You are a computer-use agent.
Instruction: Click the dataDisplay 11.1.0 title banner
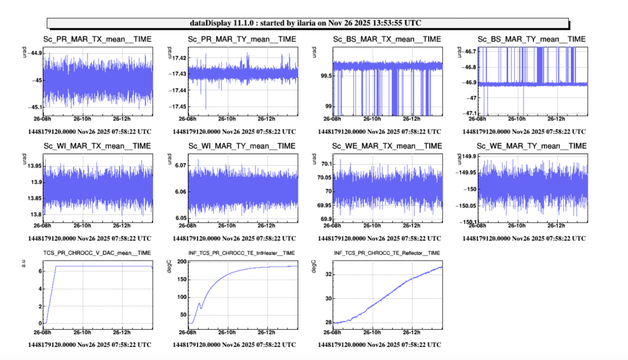(308, 23)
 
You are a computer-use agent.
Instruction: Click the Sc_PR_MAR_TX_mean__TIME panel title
(97, 39)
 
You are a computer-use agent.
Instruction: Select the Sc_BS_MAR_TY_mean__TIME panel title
(531, 39)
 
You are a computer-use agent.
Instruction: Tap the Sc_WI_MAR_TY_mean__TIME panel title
(242, 146)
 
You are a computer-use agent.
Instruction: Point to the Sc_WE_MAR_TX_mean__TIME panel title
(387, 146)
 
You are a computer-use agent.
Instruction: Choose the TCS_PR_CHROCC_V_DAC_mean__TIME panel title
(97, 253)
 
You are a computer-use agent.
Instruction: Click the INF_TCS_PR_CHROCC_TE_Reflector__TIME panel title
(387, 253)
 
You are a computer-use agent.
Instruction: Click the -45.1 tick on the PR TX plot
(35, 107)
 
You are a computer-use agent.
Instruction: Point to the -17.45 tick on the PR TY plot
(177, 107)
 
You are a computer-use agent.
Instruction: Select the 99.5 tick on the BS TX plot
(326, 76)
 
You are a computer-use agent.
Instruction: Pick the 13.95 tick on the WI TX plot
(35, 166)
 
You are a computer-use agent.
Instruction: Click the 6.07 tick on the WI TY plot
(180, 165)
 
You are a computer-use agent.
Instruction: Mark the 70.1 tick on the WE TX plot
(327, 164)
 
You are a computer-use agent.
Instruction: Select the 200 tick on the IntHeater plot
(182, 262)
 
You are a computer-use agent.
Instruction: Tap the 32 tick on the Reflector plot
(328, 274)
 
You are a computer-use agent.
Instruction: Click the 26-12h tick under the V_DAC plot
(121, 333)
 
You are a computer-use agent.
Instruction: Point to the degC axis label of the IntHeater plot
(169, 266)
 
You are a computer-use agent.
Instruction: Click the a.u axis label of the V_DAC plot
(24, 263)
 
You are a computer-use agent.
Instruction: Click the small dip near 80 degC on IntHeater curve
(201, 308)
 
